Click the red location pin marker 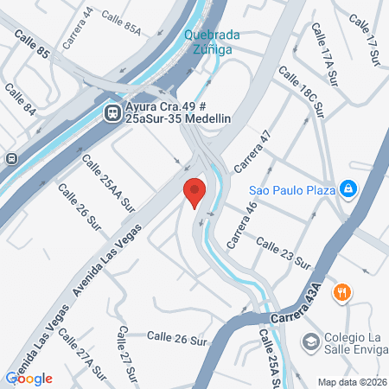pos(194,192)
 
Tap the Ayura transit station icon pos(112,112)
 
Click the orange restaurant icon pos(342,292)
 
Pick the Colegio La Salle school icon pos(309,342)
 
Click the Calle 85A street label pos(120,22)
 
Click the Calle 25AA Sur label pos(109,183)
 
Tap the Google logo pos(29,378)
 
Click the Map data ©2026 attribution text pos(350,382)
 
